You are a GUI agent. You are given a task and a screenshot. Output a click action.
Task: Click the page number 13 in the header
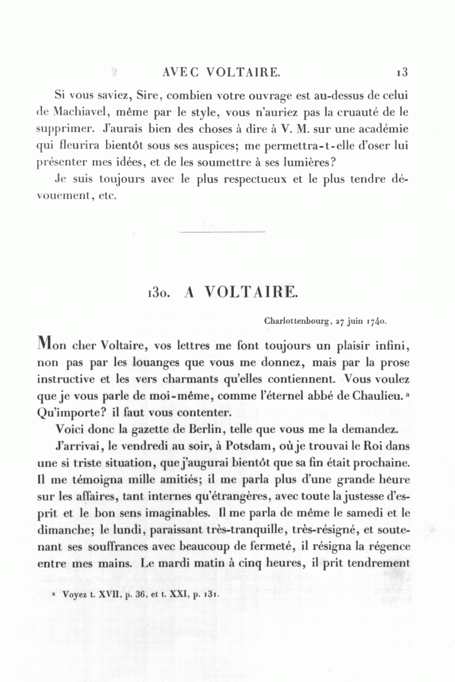point(402,72)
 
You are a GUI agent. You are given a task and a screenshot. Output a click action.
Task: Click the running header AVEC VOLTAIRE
point(221,72)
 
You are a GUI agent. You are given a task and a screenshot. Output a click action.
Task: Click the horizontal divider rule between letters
point(222,232)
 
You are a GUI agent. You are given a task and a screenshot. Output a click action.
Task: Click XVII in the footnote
point(110,595)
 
